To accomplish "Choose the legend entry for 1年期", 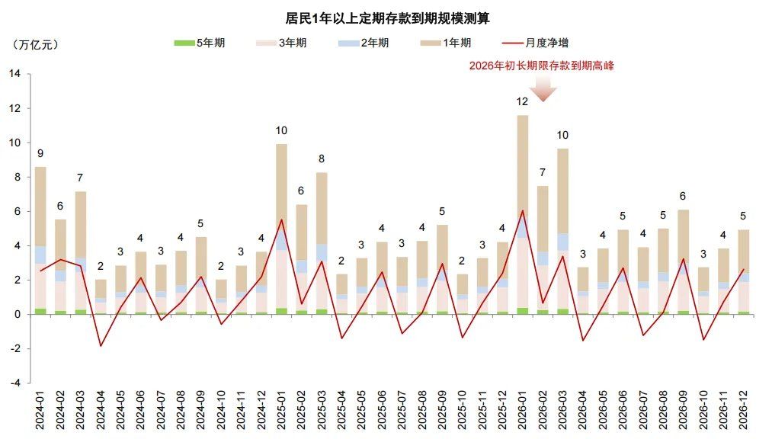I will point(445,43).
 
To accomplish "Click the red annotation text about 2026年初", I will point(541,66).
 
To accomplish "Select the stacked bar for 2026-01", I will point(522,213).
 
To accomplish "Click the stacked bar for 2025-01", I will point(281,229).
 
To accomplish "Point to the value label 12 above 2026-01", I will point(522,101).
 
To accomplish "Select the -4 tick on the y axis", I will point(15,383).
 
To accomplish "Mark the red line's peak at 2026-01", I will point(522,211).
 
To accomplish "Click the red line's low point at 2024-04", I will point(101,346).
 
